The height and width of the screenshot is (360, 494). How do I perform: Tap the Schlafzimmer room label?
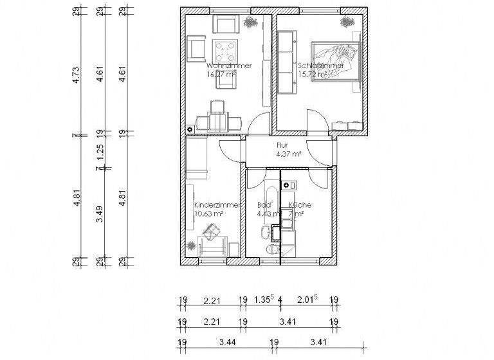(x=320, y=66)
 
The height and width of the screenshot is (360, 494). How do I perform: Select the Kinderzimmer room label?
(x=217, y=204)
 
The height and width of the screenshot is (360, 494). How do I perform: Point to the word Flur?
(x=282, y=145)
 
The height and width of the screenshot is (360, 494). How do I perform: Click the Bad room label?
(x=263, y=205)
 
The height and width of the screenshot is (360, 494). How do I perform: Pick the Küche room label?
(x=300, y=205)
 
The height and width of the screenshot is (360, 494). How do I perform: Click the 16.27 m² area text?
(x=221, y=75)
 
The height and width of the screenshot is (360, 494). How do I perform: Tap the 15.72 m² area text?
(x=313, y=74)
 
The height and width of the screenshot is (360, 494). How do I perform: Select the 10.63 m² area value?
(x=208, y=213)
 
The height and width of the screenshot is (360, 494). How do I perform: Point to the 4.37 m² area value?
(x=289, y=154)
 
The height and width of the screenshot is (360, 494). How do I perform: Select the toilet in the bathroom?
(x=272, y=249)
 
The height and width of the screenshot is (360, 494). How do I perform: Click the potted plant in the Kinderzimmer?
(x=192, y=246)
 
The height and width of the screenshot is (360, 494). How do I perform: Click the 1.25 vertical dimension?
(x=100, y=153)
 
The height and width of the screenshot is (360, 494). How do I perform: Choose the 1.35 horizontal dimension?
(x=262, y=300)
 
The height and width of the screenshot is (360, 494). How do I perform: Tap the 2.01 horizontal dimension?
(x=307, y=300)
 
